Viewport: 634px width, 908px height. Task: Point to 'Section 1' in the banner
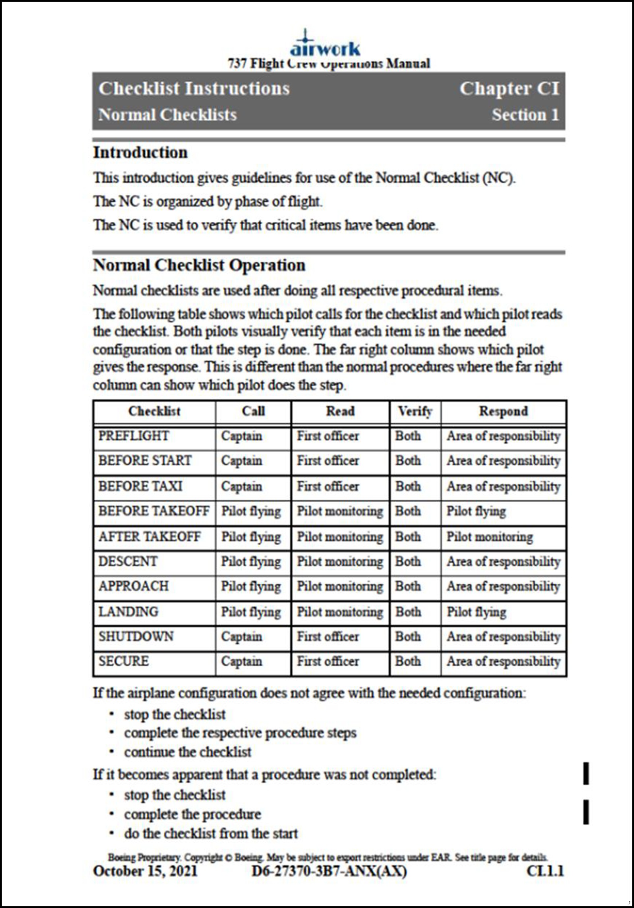(525, 115)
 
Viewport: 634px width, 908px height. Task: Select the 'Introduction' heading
(140, 153)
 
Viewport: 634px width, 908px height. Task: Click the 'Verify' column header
(415, 411)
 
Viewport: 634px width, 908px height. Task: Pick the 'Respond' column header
(503, 411)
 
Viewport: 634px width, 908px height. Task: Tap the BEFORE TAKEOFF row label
(154, 511)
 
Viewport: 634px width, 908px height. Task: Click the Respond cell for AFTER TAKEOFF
(489, 537)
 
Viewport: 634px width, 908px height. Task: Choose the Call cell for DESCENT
(251, 562)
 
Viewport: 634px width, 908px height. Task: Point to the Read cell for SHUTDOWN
(328, 636)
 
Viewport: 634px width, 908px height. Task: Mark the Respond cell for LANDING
(476, 612)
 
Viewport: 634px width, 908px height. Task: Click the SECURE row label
(124, 661)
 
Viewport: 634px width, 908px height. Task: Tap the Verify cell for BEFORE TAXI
(408, 486)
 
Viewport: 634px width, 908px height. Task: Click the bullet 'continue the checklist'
(187, 752)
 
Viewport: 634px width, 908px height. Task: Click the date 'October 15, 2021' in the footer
(145, 871)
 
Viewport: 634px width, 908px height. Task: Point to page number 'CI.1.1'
(545, 871)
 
